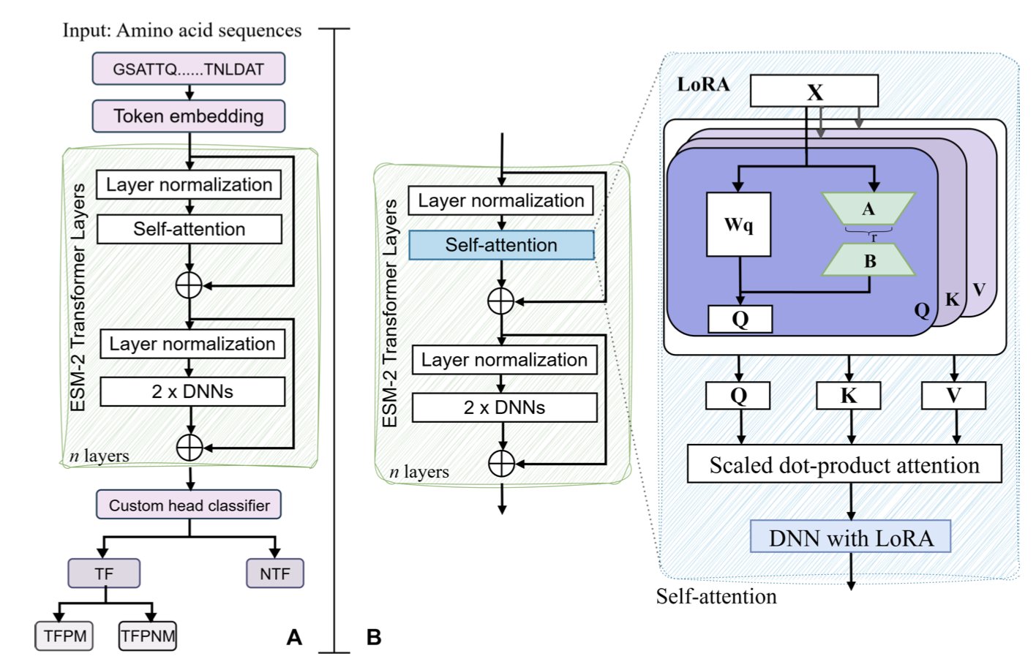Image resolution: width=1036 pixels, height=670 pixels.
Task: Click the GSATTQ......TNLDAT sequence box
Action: pos(188,69)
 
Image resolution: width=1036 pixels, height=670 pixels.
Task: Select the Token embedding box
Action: pos(188,116)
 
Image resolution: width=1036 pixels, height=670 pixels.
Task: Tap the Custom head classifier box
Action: pos(189,505)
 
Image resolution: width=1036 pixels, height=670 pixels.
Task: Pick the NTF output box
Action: pos(274,574)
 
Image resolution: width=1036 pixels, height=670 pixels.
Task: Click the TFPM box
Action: pos(65,636)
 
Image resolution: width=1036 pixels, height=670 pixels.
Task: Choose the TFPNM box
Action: pos(148,636)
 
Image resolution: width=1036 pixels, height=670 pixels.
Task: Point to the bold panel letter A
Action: pos(294,637)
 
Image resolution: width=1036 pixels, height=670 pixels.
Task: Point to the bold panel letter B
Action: pos(374,637)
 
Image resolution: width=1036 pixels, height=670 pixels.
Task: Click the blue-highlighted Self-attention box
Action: pos(501,245)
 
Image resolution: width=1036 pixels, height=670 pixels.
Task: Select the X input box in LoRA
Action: pos(814,92)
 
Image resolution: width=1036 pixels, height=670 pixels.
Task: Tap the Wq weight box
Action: pos(738,225)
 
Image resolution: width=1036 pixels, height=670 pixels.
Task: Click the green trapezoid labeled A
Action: pos(868,208)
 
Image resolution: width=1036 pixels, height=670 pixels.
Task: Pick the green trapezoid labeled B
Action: pos(869,260)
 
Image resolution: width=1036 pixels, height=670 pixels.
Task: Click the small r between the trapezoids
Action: pos(874,238)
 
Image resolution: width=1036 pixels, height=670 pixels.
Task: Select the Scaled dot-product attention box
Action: pos(844,464)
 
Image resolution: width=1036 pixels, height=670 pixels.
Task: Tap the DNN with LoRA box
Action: pos(850,538)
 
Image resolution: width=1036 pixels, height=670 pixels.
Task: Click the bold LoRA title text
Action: pos(703,84)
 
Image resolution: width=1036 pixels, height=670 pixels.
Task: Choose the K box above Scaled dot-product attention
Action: pos(848,396)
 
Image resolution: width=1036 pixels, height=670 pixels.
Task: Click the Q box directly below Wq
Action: pos(740,319)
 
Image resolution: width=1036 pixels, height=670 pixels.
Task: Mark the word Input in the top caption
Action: pos(86,30)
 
